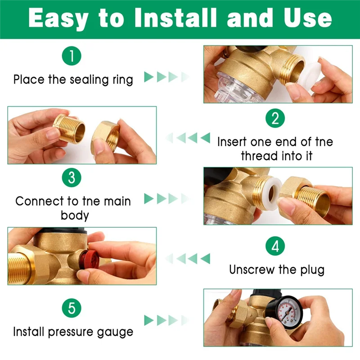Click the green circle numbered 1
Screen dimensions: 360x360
(x=72, y=56)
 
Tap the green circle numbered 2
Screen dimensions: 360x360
(x=275, y=118)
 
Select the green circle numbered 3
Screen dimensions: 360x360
(x=72, y=177)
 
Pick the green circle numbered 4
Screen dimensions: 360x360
(x=275, y=246)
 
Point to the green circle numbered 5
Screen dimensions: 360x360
(x=72, y=308)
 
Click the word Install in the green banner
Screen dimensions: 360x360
(x=175, y=18)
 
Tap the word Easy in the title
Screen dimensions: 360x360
(x=58, y=19)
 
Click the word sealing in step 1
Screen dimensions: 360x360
(x=89, y=80)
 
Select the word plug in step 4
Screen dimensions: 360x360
(x=312, y=270)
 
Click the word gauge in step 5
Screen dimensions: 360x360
(x=115, y=333)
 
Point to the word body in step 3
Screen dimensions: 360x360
(x=75, y=216)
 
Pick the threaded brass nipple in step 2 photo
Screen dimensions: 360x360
(x=69, y=128)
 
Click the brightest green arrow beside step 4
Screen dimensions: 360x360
(x=205, y=258)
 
